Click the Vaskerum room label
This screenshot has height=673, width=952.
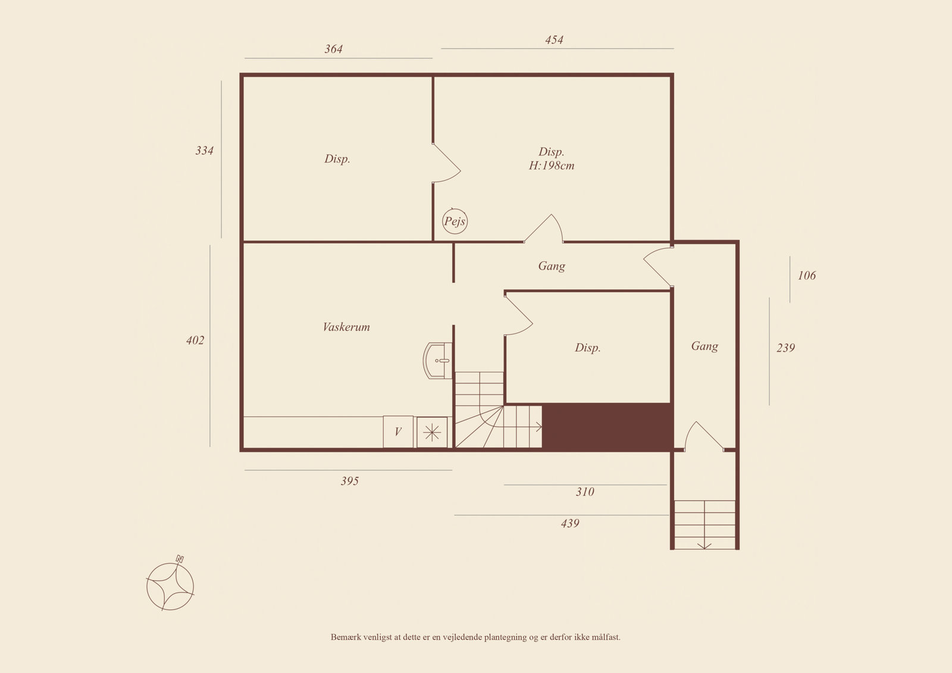[x=346, y=327]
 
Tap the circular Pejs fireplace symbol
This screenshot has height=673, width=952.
[x=455, y=221]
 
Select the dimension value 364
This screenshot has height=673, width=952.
[x=334, y=49]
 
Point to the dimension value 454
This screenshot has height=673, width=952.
[x=554, y=40]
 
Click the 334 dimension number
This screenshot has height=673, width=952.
[x=204, y=151]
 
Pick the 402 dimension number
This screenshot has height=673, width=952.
[x=195, y=340]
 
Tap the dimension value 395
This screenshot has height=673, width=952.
[x=350, y=481]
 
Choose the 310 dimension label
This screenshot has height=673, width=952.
[x=585, y=492]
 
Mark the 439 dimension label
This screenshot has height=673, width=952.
[x=570, y=524]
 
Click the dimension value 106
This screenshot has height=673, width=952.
[x=807, y=276]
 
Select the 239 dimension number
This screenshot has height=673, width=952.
[x=785, y=348]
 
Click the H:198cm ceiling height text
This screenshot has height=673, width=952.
[x=551, y=165]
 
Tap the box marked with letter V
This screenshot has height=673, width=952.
[x=398, y=432]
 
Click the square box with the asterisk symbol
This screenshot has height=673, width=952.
[x=432, y=433]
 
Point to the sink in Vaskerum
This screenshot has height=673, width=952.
[x=437, y=361]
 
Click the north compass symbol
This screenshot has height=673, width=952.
[x=170, y=586]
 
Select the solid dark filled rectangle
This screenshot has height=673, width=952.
[x=607, y=427]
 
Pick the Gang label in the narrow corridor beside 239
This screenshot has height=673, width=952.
[x=704, y=346]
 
